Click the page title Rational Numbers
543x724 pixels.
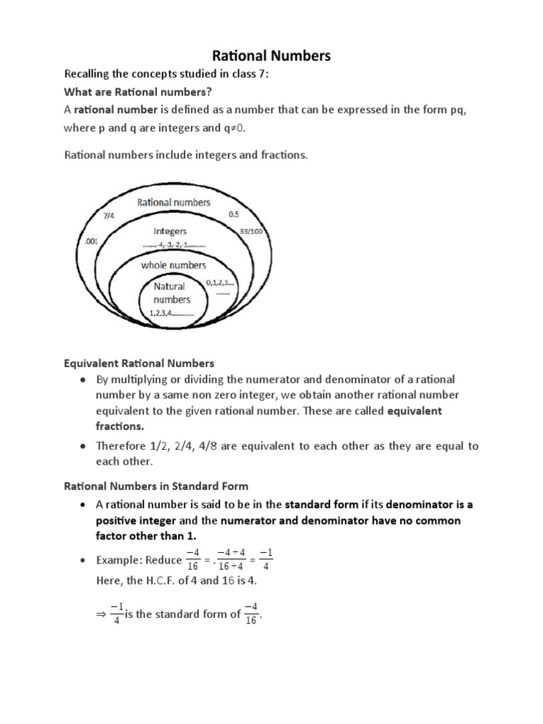point(271,56)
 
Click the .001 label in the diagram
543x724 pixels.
point(90,242)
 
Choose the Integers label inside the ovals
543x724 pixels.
point(170,231)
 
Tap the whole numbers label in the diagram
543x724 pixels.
point(173,265)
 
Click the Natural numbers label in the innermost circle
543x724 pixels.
point(170,292)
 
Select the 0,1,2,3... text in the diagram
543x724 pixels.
point(221,283)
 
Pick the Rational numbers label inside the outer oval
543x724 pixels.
point(173,202)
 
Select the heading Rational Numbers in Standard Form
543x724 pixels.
point(156,486)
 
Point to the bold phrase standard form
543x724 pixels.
point(322,505)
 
